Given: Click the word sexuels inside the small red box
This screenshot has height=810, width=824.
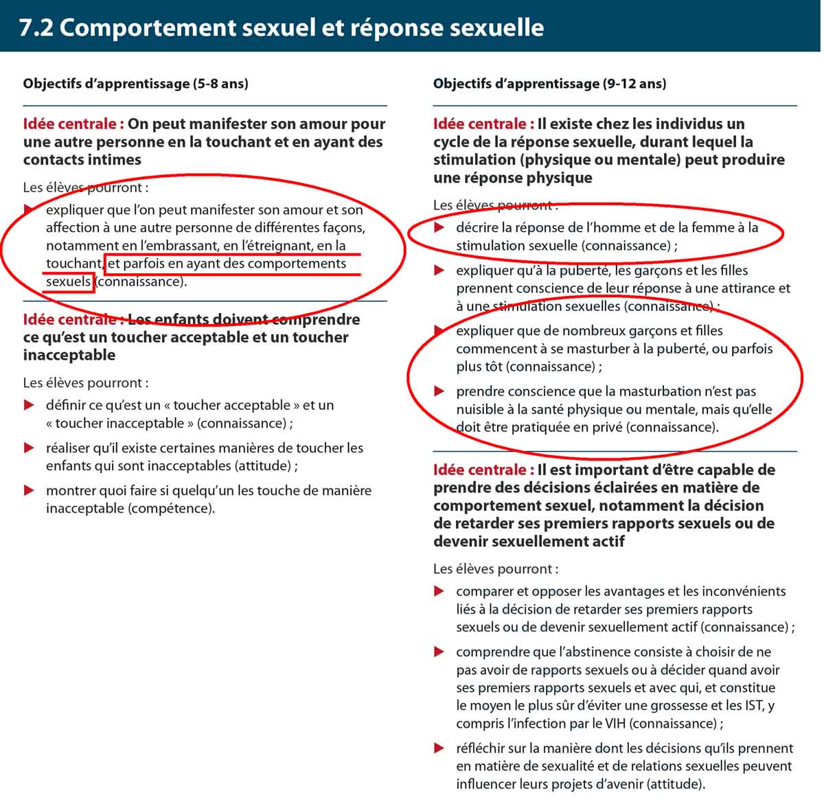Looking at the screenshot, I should (x=68, y=281).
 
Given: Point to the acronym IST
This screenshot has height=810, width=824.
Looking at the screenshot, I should (x=753, y=706).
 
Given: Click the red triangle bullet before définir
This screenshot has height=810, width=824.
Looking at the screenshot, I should (x=29, y=405).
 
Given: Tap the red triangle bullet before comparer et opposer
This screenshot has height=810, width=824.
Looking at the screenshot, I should (x=439, y=591).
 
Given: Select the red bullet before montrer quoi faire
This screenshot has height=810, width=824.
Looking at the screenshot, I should (x=29, y=490).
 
